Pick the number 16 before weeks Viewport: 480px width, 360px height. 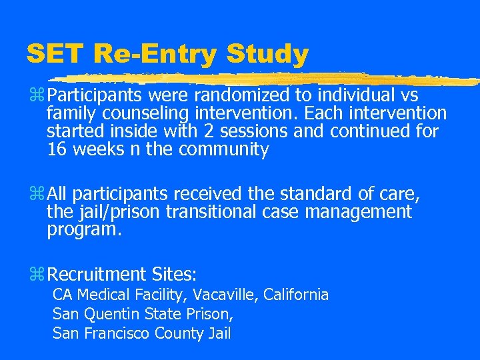pos(57,149)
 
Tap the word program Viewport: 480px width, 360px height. pos(83,230)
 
